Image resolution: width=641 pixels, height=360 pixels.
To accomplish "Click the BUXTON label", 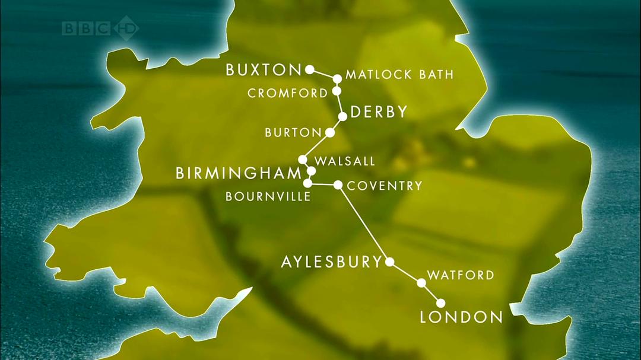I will coord(264,71).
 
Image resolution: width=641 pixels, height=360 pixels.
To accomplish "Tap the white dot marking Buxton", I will coord(309,69).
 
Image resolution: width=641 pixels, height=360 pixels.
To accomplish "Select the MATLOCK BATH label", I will coord(399,75).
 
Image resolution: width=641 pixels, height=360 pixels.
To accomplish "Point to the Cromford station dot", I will coord(337,91).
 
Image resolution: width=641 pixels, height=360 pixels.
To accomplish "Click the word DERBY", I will coord(379,112).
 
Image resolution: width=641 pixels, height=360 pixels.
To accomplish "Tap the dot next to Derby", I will coord(342,116).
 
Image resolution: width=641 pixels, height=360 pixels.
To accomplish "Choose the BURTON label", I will coord(293,133).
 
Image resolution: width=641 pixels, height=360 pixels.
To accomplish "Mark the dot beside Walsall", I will coord(303,160).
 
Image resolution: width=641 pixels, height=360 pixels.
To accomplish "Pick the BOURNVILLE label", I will coord(268,197).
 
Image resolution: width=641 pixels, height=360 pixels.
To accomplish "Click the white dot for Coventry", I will coord(338,185).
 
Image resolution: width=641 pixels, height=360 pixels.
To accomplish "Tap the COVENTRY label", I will coord(385,186).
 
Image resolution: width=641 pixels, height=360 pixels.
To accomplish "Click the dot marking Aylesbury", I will coord(390,262).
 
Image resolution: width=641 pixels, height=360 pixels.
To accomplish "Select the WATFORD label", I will coord(461,275).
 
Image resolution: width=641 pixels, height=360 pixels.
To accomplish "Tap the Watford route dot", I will coord(421,283).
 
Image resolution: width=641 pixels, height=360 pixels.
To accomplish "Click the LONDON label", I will coord(461,317).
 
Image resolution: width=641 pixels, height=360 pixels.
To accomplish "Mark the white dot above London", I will coord(440,303).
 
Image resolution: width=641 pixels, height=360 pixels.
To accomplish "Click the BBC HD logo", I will coord(100,28).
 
